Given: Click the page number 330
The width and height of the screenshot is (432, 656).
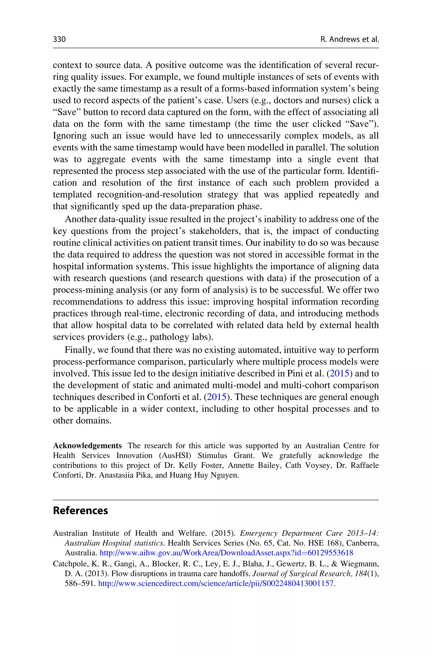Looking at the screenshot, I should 59,40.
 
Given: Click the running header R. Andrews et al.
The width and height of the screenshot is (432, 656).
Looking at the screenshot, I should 350,40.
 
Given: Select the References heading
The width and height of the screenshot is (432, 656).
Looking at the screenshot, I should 80,510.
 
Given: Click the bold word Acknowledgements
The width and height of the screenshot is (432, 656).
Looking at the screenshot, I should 87,446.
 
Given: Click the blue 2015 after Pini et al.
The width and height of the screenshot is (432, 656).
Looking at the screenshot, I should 339,374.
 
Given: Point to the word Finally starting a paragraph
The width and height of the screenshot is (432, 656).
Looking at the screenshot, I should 80,350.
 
